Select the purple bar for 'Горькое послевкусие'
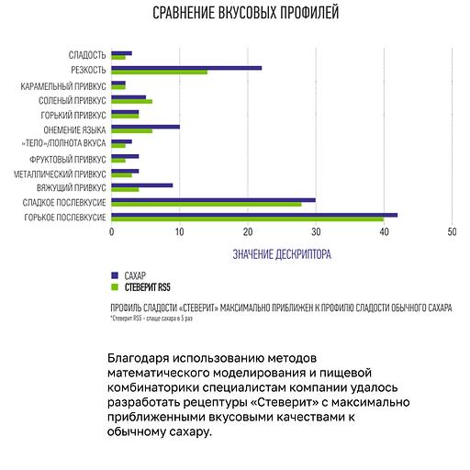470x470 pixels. coord(253,214)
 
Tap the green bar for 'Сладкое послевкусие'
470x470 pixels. coord(206,204)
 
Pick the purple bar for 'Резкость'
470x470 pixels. coord(186,67)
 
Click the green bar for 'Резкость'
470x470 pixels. coord(159,72)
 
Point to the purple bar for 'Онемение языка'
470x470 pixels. coord(145,126)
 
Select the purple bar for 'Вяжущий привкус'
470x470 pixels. coord(141,185)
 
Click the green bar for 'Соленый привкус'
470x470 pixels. coord(131,101)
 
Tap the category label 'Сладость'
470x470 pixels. coord(87,55)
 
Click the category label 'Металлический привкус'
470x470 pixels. coord(60,173)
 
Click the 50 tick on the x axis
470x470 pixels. coord(452,232)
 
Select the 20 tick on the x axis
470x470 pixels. coord(248,232)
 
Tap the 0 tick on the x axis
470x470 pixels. coord(111,232)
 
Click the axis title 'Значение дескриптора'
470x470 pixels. coord(282,252)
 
